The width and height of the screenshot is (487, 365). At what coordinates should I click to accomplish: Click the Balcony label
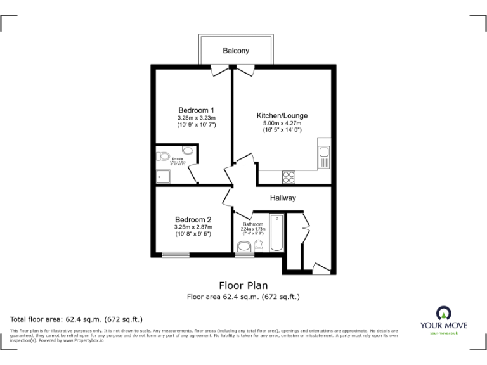pyautogui.click(x=235, y=51)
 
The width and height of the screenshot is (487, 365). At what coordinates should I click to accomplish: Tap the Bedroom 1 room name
pyautogui.click(x=196, y=110)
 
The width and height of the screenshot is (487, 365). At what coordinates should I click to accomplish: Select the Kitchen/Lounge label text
pyautogui.click(x=282, y=115)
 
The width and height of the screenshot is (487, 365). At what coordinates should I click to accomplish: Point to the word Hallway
pyautogui.click(x=283, y=198)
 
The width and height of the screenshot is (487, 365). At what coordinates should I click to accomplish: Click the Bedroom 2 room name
pyautogui.click(x=193, y=220)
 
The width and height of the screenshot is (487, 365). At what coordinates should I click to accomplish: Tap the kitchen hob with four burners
pyautogui.click(x=289, y=176)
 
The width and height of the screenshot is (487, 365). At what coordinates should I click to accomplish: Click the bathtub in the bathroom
pyautogui.click(x=277, y=233)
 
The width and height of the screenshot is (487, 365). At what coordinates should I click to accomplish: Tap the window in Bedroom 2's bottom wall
pyautogui.click(x=176, y=255)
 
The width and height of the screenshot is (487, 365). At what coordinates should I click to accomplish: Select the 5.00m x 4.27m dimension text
pyautogui.click(x=282, y=123)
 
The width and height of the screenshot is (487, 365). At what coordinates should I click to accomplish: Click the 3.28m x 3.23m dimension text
pyautogui.click(x=196, y=118)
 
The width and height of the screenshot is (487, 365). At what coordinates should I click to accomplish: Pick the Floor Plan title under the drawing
pyautogui.click(x=243, y=285)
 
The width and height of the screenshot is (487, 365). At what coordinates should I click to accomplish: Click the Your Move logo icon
pyautogui.click(x=443, y=312)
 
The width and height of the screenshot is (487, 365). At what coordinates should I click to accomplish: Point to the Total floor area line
pyautogui.click(x=77, y=319)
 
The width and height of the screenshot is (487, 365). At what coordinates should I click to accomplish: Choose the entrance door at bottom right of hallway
pyautogui.click(x=321, y=268)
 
